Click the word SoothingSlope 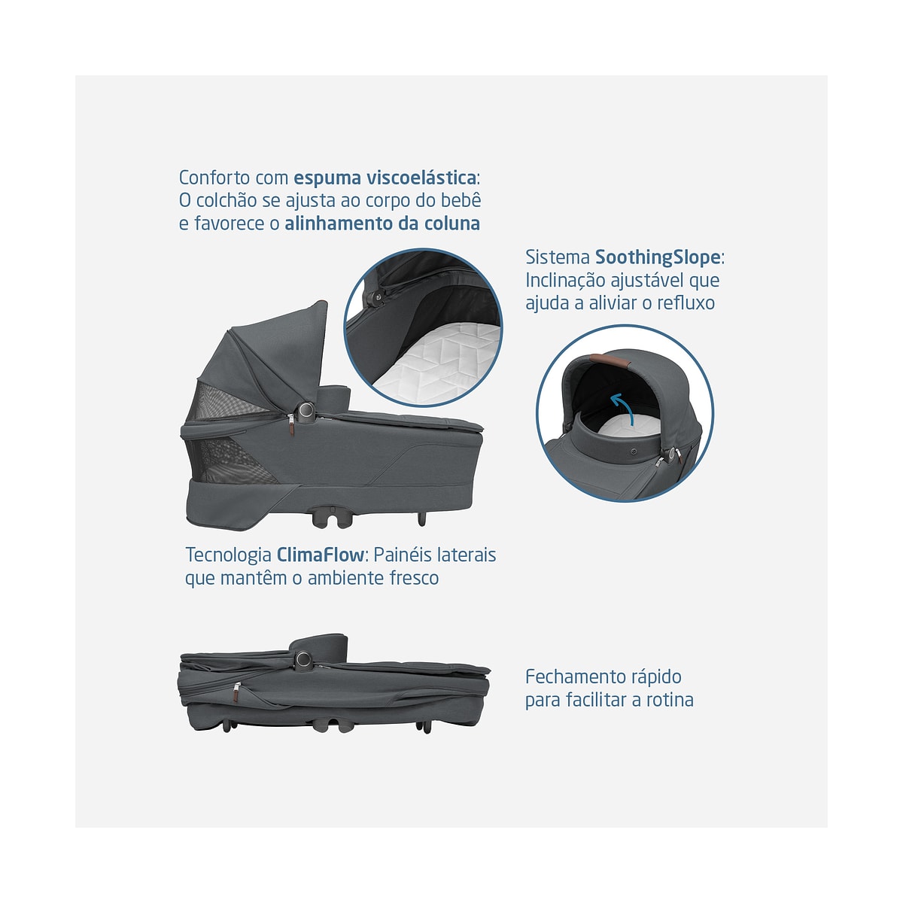(658, 257)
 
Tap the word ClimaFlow (320, 555)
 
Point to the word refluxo (686, 303)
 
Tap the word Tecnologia (228, 555)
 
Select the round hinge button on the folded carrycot (304, 658)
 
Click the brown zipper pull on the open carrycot (291, 424)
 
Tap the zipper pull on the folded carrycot (236, 692)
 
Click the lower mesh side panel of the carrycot (230, 461)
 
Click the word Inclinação (565, 281)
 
